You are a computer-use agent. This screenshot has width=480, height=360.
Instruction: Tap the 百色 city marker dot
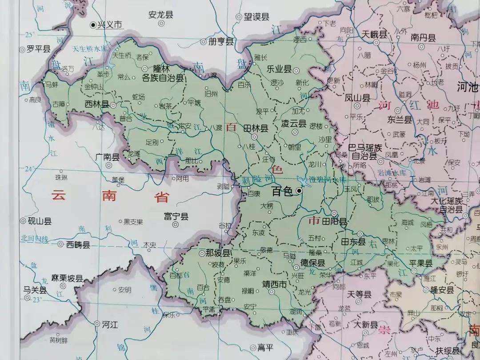299,191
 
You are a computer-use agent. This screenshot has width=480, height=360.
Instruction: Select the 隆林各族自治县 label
162,74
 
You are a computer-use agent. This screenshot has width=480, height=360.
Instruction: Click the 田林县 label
256,128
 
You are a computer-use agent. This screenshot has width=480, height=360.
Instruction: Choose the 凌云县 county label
294,124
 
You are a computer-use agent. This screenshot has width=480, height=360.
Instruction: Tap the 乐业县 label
279,69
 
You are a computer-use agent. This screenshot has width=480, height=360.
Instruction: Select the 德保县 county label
312,263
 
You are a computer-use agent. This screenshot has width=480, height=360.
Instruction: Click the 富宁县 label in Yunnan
176,216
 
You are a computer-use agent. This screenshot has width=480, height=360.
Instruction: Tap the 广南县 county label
107,157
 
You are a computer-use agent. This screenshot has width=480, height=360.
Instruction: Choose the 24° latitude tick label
29,169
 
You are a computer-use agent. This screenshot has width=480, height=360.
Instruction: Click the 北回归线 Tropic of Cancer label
34,239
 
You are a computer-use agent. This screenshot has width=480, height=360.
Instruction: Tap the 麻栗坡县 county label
67,279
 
